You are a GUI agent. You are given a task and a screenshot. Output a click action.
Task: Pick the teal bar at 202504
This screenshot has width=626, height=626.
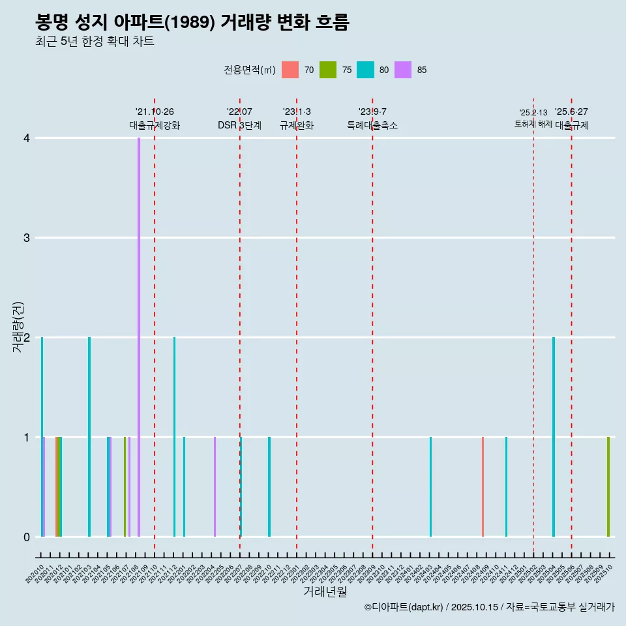point(554,437)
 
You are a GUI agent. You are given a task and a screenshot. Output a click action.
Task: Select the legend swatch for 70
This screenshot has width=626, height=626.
point(290,70)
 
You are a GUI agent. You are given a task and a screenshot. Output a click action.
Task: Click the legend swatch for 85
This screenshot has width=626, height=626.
point(403,70)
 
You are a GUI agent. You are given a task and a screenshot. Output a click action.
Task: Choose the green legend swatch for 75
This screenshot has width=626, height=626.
point(328,70)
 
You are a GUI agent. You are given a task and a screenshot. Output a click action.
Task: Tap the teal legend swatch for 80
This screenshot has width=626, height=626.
point(365,70)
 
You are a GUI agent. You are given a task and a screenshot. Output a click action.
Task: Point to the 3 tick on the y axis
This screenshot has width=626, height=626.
point(27,237)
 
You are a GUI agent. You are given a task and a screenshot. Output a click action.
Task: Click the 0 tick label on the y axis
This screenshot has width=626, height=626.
point(27,537)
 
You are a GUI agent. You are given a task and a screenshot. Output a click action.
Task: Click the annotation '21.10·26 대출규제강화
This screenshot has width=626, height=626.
point(155,119)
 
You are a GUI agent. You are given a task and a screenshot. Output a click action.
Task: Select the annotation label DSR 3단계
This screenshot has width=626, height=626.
point(239,126)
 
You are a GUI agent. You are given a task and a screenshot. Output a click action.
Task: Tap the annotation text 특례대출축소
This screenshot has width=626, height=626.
point(372,126)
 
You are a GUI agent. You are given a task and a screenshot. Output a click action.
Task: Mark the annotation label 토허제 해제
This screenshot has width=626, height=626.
point(533,124)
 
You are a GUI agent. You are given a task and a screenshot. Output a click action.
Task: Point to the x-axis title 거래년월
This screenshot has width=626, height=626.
point(325,591)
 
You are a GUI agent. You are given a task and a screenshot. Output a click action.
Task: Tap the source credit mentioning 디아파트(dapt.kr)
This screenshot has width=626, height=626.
point(489,607)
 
